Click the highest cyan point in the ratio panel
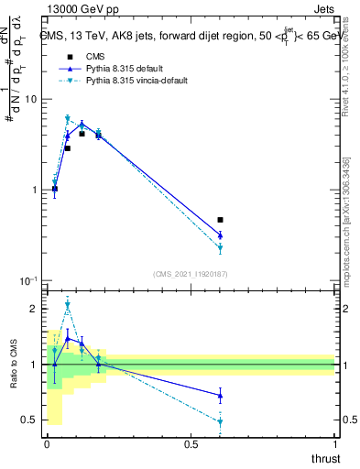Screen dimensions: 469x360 click(67, 305)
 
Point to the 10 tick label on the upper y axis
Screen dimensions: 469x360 click(30, 99)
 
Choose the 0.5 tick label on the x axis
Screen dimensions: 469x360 click(191, 445)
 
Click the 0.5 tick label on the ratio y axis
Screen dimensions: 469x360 click(30, 420)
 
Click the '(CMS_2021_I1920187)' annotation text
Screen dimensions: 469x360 click(191, 273)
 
